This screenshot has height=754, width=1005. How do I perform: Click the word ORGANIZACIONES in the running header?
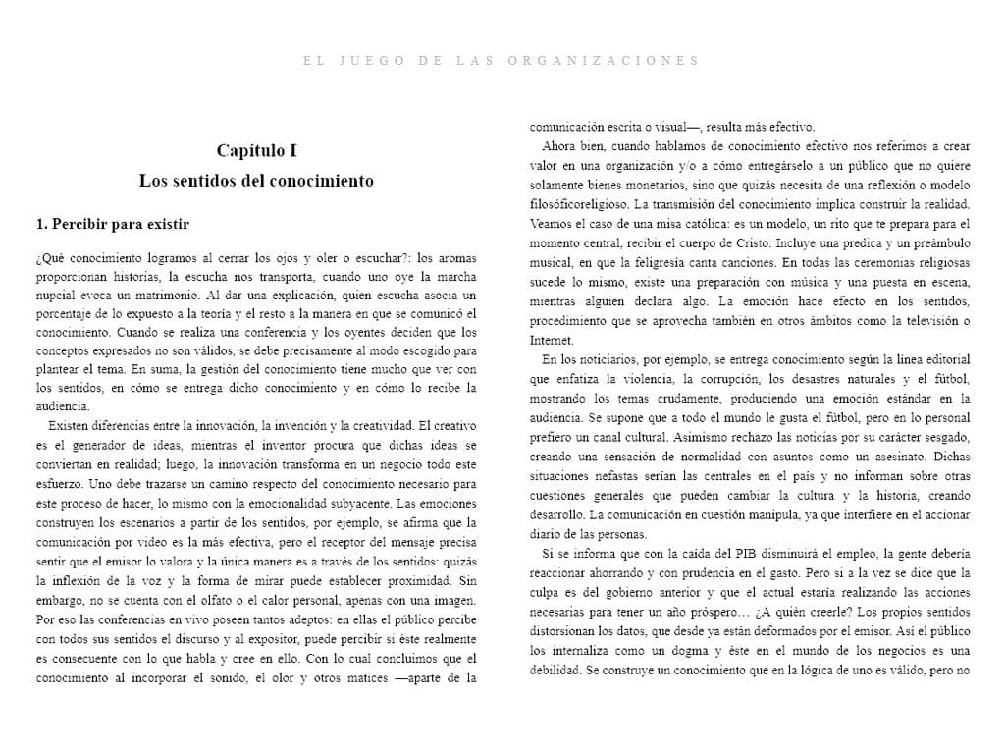point(604,60)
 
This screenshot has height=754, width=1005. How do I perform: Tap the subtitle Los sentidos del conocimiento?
point(256,181)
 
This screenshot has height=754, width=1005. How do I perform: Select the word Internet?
point(552,340)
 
